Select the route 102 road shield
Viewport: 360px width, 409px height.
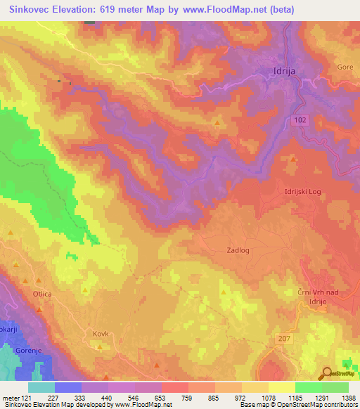tap(300, 121)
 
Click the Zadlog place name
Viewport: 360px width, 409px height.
tap(238, 249)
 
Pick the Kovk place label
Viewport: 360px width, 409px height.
tap(101, 335)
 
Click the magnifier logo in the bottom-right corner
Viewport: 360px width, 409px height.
tap(328, 374)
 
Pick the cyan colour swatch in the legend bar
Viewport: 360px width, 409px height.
tap(41, 387)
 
